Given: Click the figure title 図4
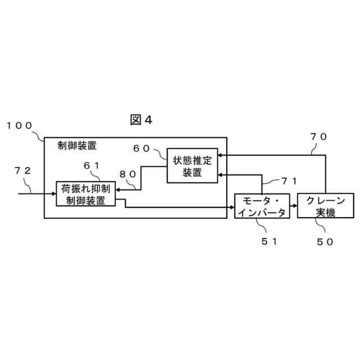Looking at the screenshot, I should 141,120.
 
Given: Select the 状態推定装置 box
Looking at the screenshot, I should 192,166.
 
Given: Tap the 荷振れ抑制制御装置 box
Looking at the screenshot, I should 85,193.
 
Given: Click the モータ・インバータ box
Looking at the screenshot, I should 261,206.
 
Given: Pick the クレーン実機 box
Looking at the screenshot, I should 325,206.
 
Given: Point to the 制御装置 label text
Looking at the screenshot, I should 77,146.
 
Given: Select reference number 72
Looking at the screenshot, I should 28,170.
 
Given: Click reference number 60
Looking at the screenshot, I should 141,148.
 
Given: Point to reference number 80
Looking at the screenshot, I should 128,174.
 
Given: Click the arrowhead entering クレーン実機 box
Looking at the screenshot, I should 294,206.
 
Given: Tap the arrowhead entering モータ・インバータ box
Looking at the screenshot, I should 231,206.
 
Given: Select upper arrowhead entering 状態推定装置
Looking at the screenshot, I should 220,154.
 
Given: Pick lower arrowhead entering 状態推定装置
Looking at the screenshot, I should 220,174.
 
